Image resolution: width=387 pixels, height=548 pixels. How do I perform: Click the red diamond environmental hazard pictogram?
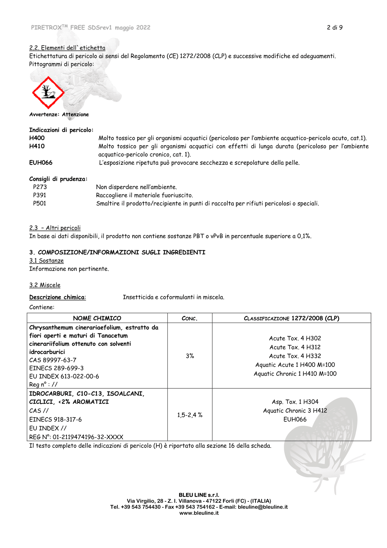[x=48, y=93]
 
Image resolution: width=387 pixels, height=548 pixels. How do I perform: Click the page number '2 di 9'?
[x=335, y=28]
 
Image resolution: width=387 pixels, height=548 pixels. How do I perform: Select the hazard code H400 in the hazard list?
[x=37, y=138]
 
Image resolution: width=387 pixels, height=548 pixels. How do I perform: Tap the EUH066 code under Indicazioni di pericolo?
[x=41, y=163]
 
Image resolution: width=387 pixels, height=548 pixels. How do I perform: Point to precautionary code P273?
[x=40, y=187]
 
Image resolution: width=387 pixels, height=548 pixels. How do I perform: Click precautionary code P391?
[x=40, y=195]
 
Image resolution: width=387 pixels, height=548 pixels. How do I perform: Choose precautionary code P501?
[x=40, y=204]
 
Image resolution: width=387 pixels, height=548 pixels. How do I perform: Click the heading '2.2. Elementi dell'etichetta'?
[x=67, y=48]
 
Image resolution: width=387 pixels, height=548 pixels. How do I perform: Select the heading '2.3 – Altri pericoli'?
[x=55, y=228]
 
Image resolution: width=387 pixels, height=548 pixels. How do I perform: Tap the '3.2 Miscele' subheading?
[x=45, y=285]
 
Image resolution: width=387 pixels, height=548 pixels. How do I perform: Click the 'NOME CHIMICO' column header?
[x=97, y=318]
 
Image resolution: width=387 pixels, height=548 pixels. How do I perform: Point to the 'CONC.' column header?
[x=189, y=318]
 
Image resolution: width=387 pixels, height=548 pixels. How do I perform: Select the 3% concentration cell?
[x=190, y=356]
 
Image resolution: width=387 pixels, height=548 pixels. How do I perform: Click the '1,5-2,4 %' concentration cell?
[x=190, y=415]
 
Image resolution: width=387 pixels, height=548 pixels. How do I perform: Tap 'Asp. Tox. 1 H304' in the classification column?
[x=295, y=402]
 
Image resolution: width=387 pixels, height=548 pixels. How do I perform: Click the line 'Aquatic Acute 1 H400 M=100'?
[x=295, y=365]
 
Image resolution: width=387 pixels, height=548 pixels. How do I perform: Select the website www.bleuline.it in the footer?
[x=199, y=513]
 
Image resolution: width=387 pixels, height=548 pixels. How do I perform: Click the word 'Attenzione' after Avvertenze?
[x=75, y=115]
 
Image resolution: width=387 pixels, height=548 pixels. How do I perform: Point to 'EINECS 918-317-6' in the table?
[x=55, y=419]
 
